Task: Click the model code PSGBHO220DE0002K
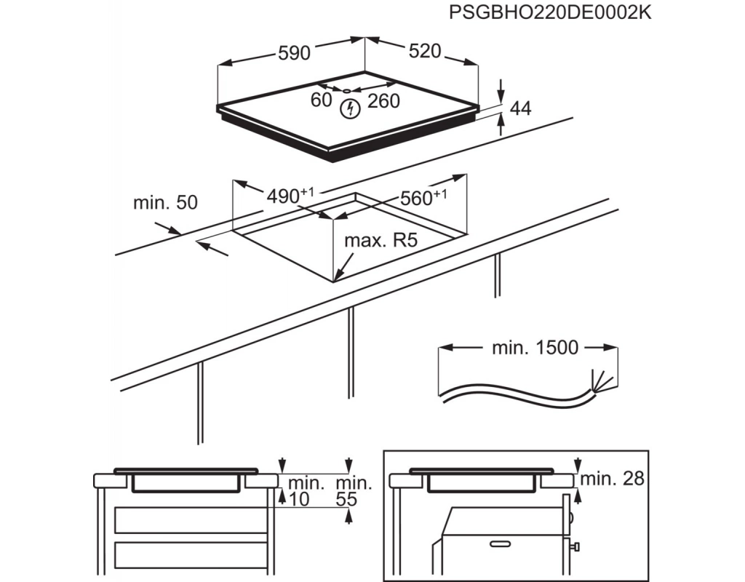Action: pyautogui.click(x=550, y=13)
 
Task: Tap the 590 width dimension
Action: pyautogui.click(x=294, y=52)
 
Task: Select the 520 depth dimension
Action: pyautogui.click(x=425, y=50)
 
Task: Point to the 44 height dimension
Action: pyautogui.click(x=520, y=109)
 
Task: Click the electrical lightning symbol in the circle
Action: pyautogui.click(x=350, y=110)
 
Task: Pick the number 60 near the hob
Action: pyautogui.click(x=321, y=100)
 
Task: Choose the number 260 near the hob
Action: pyautogui.click(x=383, y=101)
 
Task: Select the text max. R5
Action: pyautogui.click(x=381, y=241)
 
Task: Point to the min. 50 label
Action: pyautogui.click(x=165, y=203)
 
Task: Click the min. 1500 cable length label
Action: pyautogui.click(x=535, y=348)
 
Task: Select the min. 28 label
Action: pyautogui.click(x=613, y=478)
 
